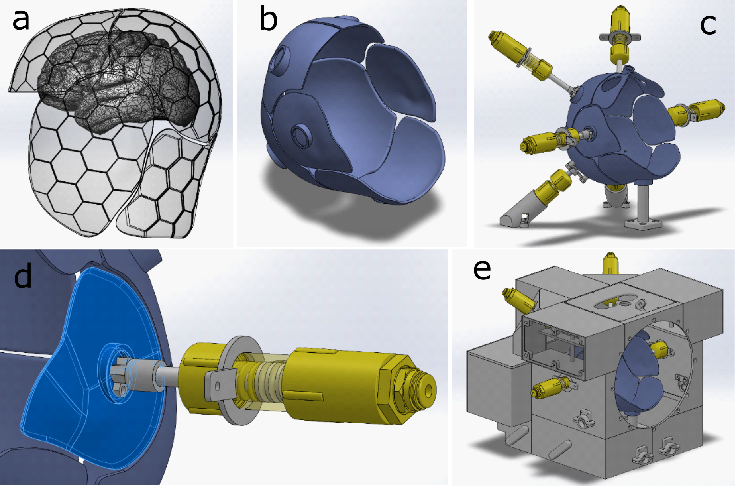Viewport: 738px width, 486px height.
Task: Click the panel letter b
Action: [268, 19]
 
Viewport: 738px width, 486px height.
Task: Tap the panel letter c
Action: [708, 25]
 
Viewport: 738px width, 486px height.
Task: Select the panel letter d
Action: [23, 277]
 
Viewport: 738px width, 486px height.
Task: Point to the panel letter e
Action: [482, 270]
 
